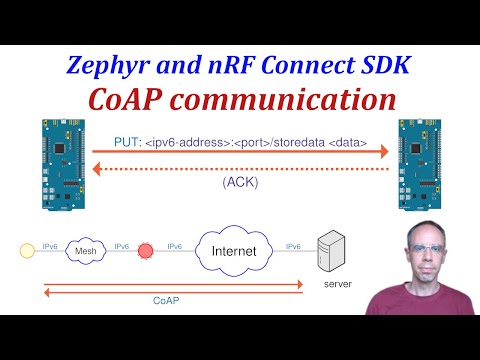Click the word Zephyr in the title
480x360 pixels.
[x=118, y=67]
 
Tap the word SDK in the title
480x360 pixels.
[x=378, y=67]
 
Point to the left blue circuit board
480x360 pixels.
[x=65, y=164]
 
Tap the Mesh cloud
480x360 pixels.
[x=86, y=252]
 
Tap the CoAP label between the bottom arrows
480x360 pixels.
[x=167, y=299]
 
